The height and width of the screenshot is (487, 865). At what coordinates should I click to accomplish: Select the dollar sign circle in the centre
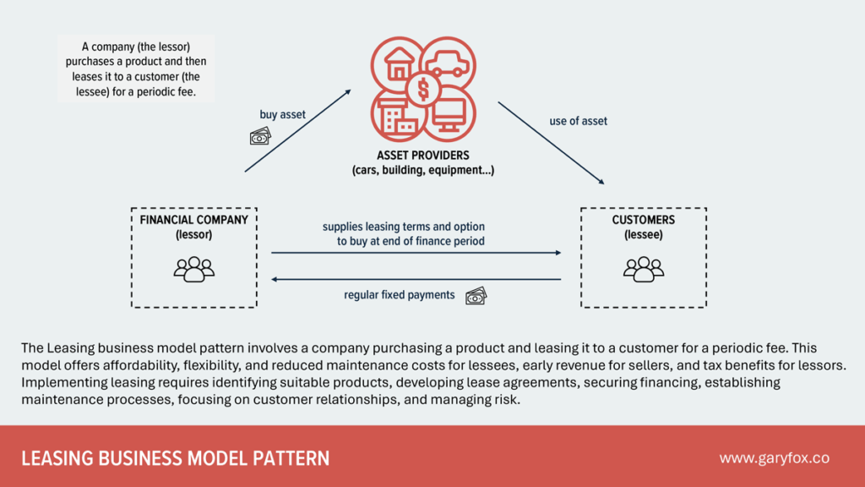tap(423, 89)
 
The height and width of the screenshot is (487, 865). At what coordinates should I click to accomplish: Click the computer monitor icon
tap(449, 114)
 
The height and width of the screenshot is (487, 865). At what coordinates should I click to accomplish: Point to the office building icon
tap(398, 114)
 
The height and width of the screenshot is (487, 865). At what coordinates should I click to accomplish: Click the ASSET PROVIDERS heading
tap(423, 156)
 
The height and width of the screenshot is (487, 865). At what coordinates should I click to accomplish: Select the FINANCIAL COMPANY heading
tap(194, 220)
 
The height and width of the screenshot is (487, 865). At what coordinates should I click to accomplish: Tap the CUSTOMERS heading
tap(644, 220)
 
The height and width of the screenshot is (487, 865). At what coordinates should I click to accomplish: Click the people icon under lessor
tap(194, 268)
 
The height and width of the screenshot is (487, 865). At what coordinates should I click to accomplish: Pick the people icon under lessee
tap(644, 268)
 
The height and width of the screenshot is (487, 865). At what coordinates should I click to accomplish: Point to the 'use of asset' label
tap(578, 121)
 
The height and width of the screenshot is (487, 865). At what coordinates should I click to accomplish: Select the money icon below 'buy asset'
tap(260, 136)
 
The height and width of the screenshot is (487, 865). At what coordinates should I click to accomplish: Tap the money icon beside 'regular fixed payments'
tap(476, 295)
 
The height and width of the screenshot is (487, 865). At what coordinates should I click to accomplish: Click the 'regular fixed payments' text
tap(399, 295)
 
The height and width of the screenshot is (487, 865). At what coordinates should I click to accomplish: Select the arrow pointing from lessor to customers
tap(416, 252)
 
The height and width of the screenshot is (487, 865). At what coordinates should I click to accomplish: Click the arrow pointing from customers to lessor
tap(416, 279)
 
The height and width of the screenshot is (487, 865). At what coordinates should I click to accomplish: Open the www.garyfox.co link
tap(774, 457)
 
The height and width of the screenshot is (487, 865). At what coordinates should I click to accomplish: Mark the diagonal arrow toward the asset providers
tap(297, 131)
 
